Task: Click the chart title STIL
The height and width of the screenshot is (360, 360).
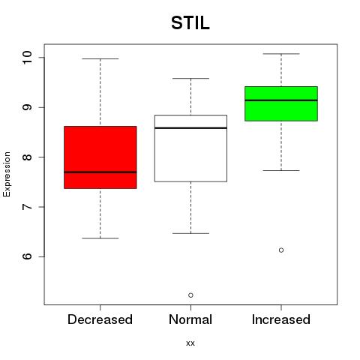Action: pyautogui.click(x=190, y=23)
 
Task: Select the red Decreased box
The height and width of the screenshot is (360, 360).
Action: pyautogui.click(x=100, y=157)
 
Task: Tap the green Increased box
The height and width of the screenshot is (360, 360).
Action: pyautogui.click(x=281, y=103)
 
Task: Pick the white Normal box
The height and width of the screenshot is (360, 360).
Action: pyautogui.click(x=190, y=148)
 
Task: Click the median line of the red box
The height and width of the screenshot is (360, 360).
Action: pyautogui.click(x=100, y=172)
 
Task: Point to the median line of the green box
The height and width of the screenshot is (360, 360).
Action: pyautogui.click(x=281, y=100)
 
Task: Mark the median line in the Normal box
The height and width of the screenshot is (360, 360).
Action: pyautogui.click(x=190, y=128)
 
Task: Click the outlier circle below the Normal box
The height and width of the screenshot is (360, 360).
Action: pyautogui.click(x=190, y=295)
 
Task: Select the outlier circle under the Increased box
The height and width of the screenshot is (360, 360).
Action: pyautogui.click(x=281, y=250)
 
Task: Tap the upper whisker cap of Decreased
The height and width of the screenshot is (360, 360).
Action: pyautogui.click(x=100, y=58)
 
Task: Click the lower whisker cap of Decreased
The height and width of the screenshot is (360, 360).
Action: pyautogui.click(x=100, y=238)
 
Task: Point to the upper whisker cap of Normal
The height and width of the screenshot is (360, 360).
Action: pyautogui.click(x=190, y=78)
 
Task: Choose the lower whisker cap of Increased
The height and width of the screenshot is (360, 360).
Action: pyautogui.click(x=281, y=170)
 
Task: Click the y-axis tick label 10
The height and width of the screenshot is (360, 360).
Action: pyautogui.click(x=27, y=58)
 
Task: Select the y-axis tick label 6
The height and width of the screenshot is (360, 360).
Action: pyautogui.click(x=27, y=256)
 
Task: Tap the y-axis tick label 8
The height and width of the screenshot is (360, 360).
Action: pyautogui.click(x=27, y=157)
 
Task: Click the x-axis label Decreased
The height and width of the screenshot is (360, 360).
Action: pyautogui.click(x=100, y=319)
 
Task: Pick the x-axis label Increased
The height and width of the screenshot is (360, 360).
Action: pyautogui.click(x=281, y=319)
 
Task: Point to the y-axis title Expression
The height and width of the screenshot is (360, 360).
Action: pyautogui.click(x=7, y=174)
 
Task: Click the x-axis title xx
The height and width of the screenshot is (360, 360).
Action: pyautogui.click(x=190, y=343)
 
